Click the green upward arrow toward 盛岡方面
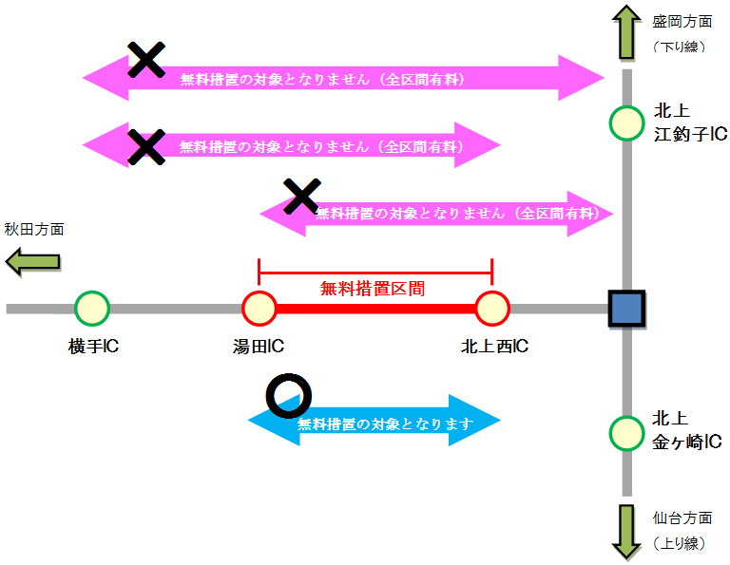(x=626, y=33)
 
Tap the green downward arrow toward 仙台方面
(x=626, y=531)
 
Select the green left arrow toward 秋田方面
(x=34, y=261)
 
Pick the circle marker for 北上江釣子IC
(x=626, y=122)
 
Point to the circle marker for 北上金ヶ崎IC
(x=626, y=432)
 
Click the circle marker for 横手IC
(x=92, y=309)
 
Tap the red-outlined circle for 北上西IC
(x=492, y=309)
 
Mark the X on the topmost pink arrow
(x=146, y=60)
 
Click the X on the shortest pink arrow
(x=301, y=196)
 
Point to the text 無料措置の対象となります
(x=385, y=424)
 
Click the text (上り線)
(x=678, y=543)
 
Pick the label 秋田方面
(x=34, y=229)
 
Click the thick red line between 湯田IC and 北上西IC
(x=375, y=309)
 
